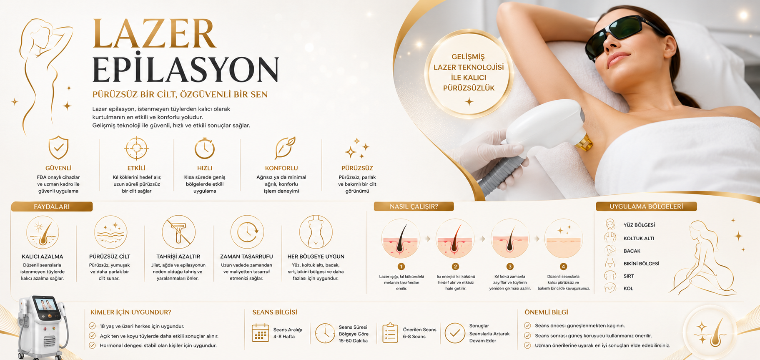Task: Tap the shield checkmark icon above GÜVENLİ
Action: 58,148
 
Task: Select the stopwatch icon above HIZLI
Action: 205,148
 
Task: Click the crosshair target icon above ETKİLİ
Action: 136,149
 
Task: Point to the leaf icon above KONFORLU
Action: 285,148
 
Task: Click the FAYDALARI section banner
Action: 52,206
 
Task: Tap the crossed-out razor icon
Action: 179,232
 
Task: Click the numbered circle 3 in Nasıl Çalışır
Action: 510,267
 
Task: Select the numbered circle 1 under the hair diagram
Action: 401,267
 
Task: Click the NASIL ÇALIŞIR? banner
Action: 414,206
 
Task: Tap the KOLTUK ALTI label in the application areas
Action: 639,239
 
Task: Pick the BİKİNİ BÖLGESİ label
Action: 641,264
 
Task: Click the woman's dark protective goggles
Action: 620,34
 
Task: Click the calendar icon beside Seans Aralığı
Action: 261,333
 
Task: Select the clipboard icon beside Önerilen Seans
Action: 390,333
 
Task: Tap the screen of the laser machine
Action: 46,304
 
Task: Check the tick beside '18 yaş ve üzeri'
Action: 92,326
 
